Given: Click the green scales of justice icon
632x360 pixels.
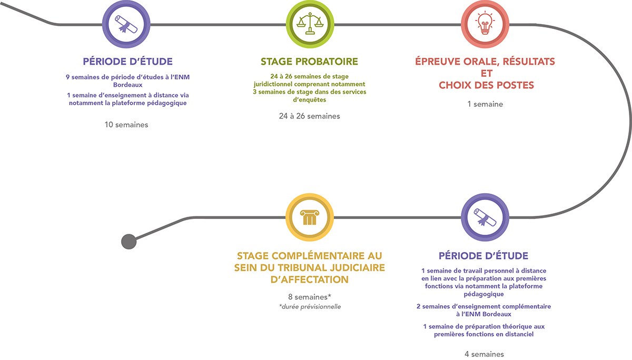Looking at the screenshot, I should (x=309, y=24).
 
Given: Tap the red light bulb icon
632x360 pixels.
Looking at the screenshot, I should (x=484, y=24).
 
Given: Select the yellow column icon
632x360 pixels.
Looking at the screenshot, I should (x=309, y=216).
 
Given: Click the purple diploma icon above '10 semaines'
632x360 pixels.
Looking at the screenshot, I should (x=127, y=24).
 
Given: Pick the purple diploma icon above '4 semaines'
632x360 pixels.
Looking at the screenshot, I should (x=484, y=216).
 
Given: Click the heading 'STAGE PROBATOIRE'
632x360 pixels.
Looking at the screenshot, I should (x=309, y=62).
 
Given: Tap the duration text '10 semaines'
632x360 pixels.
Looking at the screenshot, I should (x=126, y=125).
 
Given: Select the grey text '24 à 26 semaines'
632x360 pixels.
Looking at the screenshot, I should (x=309, y=116).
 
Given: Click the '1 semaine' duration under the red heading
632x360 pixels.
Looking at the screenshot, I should (x=485, y=104).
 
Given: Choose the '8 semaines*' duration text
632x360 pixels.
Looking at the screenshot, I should (x=310, y=296).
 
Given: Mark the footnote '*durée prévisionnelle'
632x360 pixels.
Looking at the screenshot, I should (x=310, y=306).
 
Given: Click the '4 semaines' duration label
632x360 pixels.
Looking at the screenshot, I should (x=484, y=354).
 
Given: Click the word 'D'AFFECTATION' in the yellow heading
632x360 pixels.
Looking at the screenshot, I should (x=310, y=279).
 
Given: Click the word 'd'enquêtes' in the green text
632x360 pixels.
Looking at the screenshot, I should (x=309, y=99).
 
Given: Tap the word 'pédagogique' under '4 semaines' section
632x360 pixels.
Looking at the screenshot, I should (x=483, y=294).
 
